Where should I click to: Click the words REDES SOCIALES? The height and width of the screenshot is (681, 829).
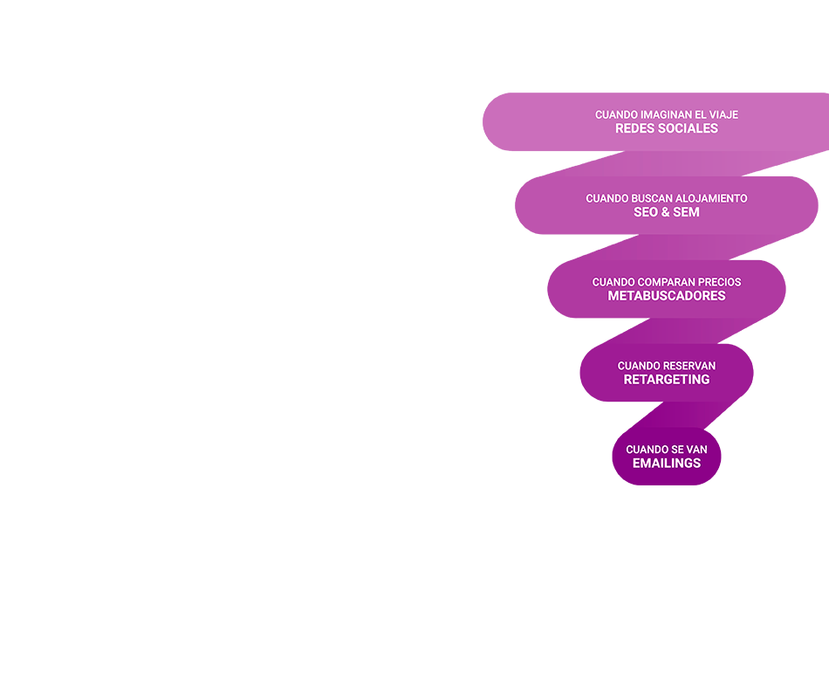click(667, 128)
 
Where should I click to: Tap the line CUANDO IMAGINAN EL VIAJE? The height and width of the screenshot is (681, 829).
click(667, 114)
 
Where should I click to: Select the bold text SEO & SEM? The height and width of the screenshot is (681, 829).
click(667, 212)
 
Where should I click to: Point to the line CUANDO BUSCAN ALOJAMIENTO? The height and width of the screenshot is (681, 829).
click(667, 198)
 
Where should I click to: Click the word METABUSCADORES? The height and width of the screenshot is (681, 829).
click(667, 296)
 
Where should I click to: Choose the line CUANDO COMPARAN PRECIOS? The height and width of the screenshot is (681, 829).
click(667, 282)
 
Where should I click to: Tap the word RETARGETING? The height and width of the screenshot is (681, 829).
click(667, 380)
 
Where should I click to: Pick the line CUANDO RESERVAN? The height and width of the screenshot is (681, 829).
click(667, 366)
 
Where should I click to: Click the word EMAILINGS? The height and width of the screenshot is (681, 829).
click(667, 464)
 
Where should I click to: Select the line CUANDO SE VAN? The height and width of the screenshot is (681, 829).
click(667, 450)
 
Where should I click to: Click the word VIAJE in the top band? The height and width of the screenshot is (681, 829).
click(723, 114)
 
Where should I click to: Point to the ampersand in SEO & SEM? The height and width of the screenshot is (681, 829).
click(667, 212)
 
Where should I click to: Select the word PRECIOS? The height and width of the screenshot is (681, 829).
click(720, 282)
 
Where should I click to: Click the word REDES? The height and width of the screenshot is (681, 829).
click(632, 128)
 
